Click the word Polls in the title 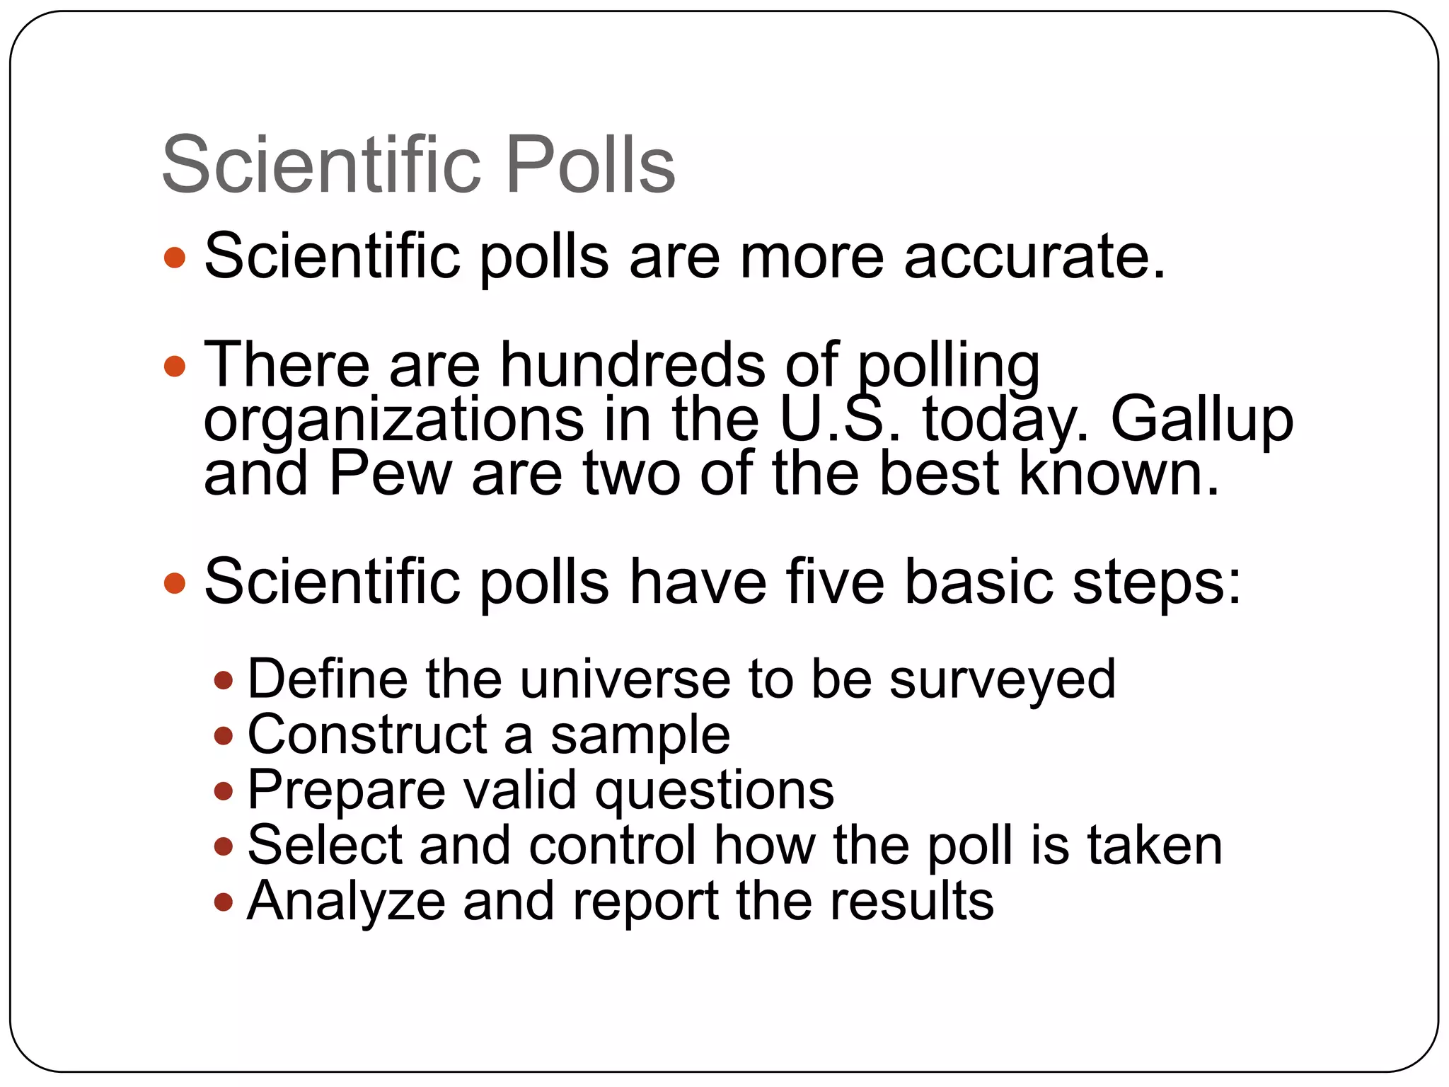[x=591, y=166]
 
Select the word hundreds [x=633, y=365]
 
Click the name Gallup [x=1201, y=420]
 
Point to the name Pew [x=390, y=473]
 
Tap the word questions [x=714, y=791]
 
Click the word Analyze [x=346, y=902]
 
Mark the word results [x=911, y=901]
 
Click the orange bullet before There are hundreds [x=174, y=367]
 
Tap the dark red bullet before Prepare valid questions [x=224, y=790]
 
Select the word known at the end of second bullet [x=1118, y=473]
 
